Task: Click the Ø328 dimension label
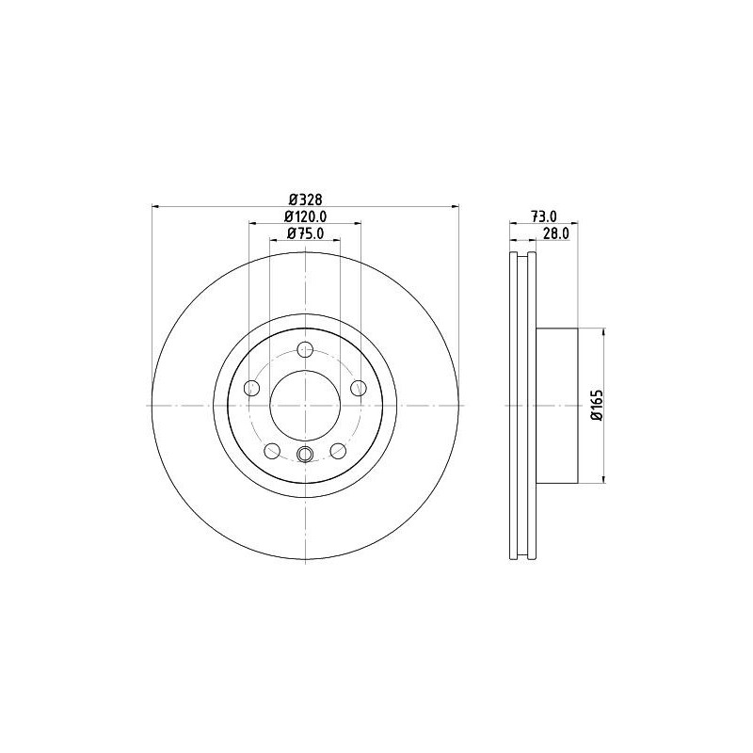click(x=305, y=199)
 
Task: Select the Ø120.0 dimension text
click(x=305, y=216)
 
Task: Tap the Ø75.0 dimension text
click(x=305, y=233)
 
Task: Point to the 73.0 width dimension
click(x=544, y=216)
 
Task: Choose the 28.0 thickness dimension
click(x=555, y=233)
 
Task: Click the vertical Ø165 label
click(x=597, y=406)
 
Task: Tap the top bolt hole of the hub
click(x=305, y=349)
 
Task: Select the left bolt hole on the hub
click(x=251, y=388)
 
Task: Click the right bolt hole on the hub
click(x=359, y=388)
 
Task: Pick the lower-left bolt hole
click(x=272, y=451)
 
